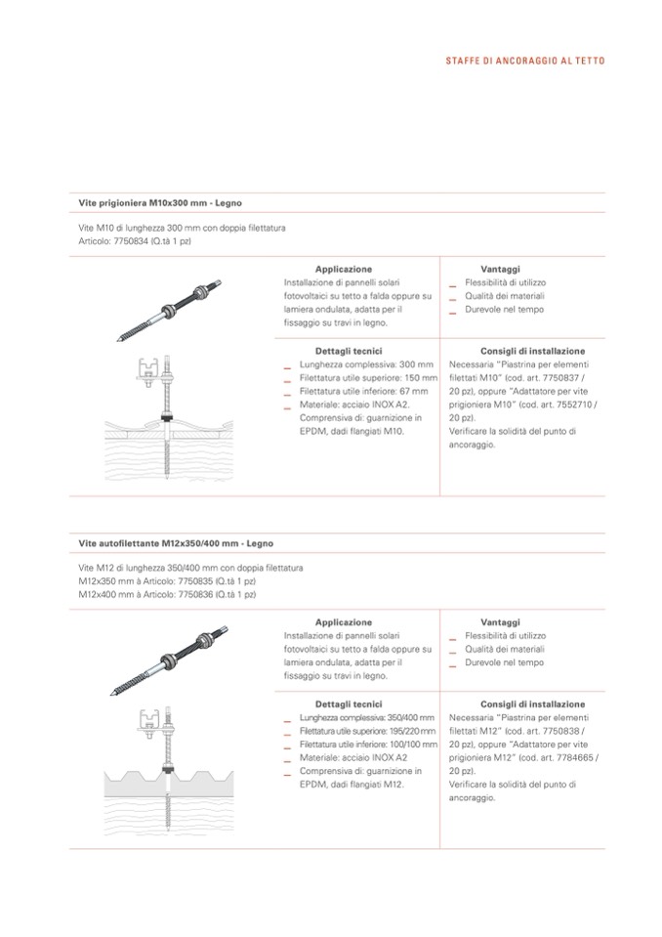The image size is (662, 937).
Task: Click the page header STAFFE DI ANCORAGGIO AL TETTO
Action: [524, 61]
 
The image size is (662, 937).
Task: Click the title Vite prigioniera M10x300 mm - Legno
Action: [160, 203]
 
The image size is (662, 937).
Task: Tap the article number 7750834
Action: [131, 239]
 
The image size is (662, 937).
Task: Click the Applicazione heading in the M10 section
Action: [343, 269]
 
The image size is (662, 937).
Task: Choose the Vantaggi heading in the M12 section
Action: [500, 621]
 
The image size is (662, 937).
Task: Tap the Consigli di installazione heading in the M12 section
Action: [532, 703]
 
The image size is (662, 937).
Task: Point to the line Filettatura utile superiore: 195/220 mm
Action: [367, 731]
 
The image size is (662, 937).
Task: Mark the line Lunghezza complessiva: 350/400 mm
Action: [367, 717]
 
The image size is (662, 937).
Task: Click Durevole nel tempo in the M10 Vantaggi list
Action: [504, 310]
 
